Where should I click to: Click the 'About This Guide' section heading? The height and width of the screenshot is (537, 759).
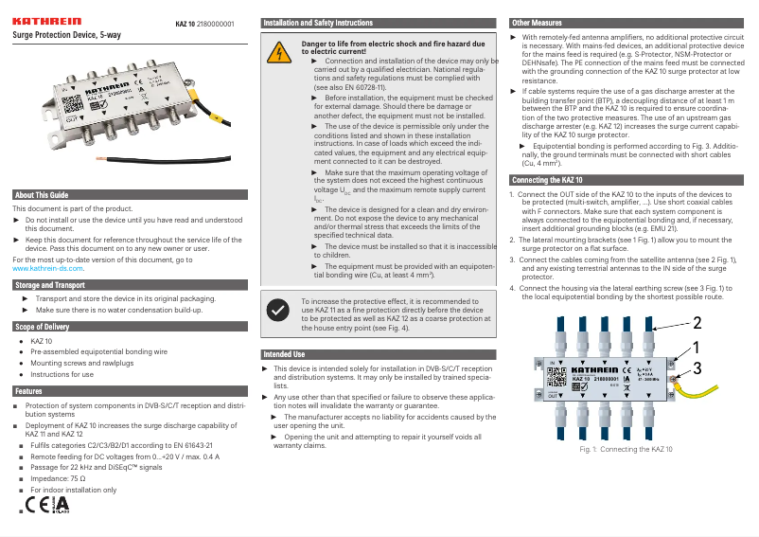coord(43,195)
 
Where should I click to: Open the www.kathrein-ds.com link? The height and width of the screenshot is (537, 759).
coord(48,269)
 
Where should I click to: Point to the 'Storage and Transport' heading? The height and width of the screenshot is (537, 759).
coord(50,284)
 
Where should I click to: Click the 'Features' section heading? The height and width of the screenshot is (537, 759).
coord(28,390)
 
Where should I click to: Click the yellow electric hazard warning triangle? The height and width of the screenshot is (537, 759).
coord(281,53)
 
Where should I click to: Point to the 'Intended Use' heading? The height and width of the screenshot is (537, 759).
coord(285,354)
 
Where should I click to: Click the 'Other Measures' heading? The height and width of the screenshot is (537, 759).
coord(535,22)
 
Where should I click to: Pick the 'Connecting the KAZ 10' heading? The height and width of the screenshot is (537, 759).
coord(547,180)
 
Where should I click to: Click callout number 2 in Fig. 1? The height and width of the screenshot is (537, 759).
coord(696,322)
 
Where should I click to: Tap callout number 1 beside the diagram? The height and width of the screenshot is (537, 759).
coord(696,348)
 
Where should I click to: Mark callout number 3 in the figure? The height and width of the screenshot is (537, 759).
coord(697,367)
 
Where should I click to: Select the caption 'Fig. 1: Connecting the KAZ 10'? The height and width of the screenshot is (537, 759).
coord(625,449)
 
